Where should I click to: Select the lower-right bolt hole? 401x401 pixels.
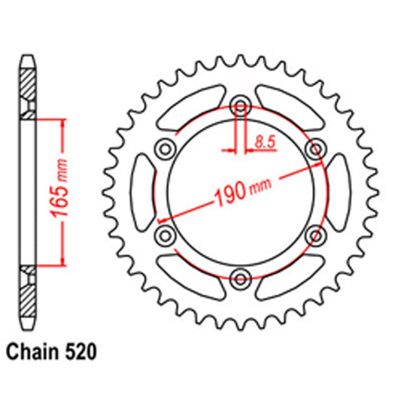[x=315, y=235]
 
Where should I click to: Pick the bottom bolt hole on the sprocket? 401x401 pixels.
[x=239, y=278]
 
